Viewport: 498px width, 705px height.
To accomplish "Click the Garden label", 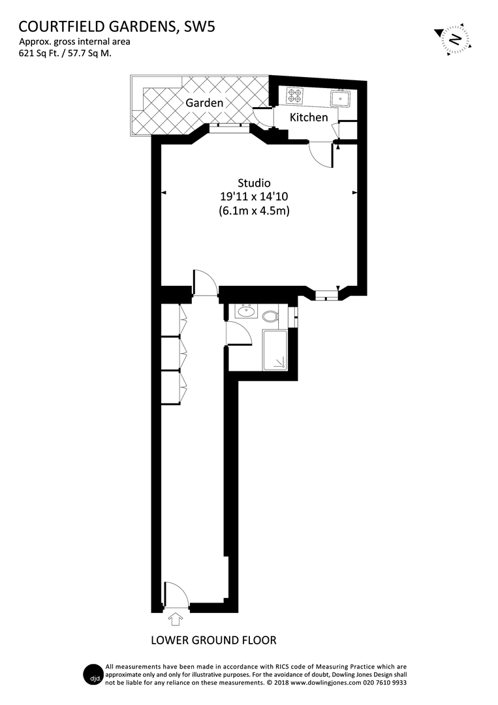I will pyautogui.click(x=204, y=103).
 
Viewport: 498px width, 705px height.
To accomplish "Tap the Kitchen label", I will pyautogui.click(x=309, y=117).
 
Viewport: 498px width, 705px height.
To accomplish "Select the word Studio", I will pyautogui.click(x=254, y=183).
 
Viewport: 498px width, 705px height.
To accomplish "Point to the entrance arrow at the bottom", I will pyautogui.click(x=175, y=618).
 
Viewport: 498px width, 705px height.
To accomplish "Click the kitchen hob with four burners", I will pyautogui.click(x=295, y=97).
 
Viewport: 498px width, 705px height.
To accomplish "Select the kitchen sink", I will pyautogui.click(x=341, y=98).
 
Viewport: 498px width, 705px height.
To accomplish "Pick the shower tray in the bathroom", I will pyautogui.click(x=276, y=350).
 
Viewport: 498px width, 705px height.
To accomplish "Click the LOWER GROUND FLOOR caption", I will pyautogui.click(x=213, y=640).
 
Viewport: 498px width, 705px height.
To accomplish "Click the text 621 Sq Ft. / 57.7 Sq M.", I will pyautogui.click(x=65, y=54).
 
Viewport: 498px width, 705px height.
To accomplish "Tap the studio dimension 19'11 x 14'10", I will pyautogui.click(x=254, y=197).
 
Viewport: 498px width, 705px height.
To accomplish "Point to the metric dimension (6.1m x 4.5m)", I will pyautogui.click(x=254, y=211).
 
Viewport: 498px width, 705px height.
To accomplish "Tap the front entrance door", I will pyautogui.click(x=175, y=595).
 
